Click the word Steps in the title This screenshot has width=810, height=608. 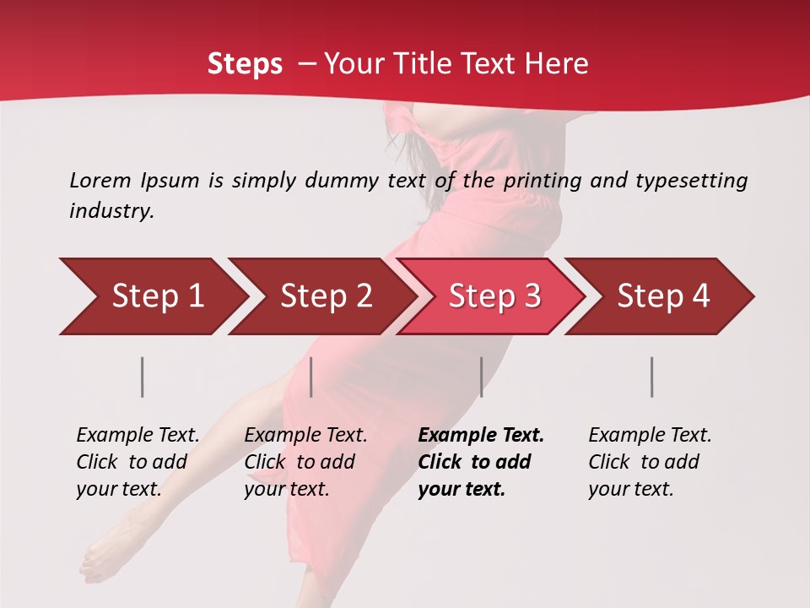tap(245, 64)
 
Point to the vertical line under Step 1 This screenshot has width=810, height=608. tap(143, 377)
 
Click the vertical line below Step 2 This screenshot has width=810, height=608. tap(311, 377)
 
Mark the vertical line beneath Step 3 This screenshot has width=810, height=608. tap(481, 377)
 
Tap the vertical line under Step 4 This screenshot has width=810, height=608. tap(652, 377)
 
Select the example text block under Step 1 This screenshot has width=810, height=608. tap(138, 461)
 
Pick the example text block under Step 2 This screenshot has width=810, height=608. tap(305, 461)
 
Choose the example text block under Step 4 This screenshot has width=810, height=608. tap(650, 461)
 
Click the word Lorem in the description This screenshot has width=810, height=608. tap(100, 180)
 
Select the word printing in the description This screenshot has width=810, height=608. tap(544, 180)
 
